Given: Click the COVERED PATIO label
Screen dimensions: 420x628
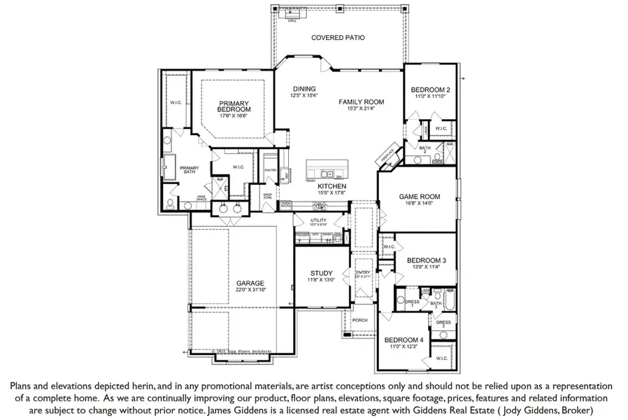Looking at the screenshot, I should pyautogui.click(x=338, y=38).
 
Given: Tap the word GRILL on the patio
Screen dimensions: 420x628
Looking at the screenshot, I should pyautogui.click(x=292, y=21).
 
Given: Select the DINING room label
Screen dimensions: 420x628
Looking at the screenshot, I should pyautogui.click(x=304, y=88).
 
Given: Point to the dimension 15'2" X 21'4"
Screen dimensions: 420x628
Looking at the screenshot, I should pyautogui.click(x=362, y=108).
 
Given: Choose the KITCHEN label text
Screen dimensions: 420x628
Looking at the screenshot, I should pyautogui.click(x=332, y=187).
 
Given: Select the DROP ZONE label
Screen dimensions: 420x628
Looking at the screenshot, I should pyautogui.click(x=267, y=197).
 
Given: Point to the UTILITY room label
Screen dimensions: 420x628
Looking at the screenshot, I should pyautogui.click(x=319, y=220).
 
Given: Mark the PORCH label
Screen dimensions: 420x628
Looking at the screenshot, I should pyautogui.click(x=360, y=320).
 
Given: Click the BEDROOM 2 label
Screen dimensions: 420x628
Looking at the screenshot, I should pyautogui.click(x=430, y=90).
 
